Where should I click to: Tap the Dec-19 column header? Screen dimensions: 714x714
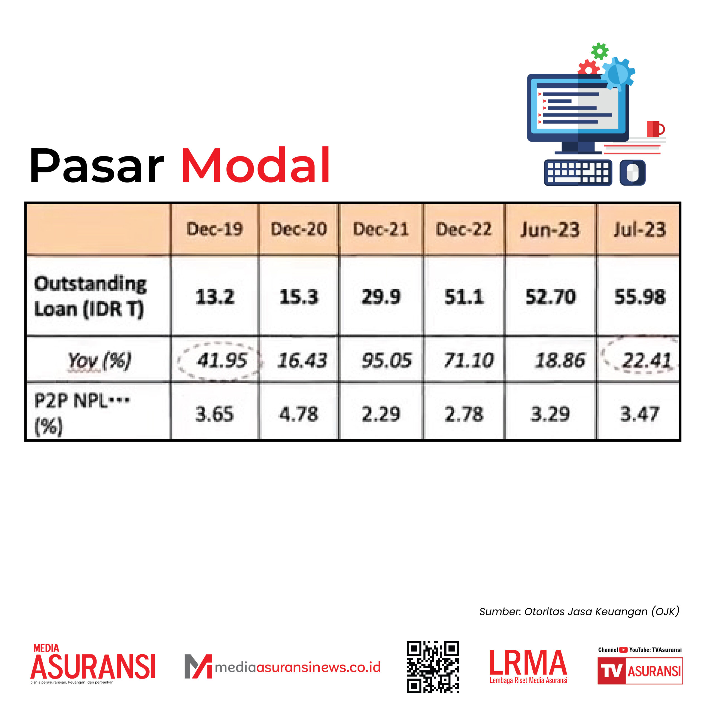215,229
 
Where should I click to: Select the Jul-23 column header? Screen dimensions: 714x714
640,230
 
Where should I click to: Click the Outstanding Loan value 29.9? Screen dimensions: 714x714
381,297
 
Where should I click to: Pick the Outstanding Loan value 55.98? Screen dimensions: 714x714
640,297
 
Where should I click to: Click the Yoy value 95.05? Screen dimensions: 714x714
386,360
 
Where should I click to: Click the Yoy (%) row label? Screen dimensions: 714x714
99,360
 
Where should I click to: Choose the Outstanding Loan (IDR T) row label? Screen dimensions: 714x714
90,297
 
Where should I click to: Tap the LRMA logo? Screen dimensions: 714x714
528,667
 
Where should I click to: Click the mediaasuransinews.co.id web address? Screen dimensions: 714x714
298,667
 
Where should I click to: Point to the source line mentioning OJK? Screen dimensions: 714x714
579,612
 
